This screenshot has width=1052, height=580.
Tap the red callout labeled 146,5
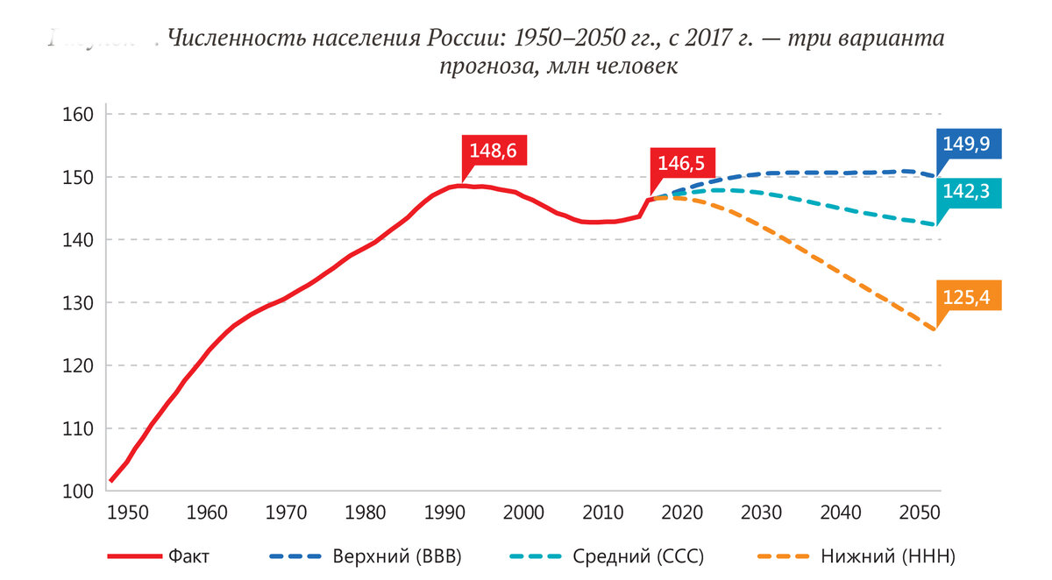pos(682,163)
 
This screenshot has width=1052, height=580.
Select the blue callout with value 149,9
pos(966,144)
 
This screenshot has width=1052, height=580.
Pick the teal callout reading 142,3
pos(966,193)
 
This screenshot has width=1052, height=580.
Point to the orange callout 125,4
pos(966,297)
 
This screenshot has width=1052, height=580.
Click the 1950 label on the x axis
pos(128,512)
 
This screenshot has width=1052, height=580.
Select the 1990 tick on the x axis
pos(444,512)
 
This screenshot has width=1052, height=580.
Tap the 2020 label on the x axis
pos(682,512)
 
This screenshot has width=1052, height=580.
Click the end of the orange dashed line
pos(935,329)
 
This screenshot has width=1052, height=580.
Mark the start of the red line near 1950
pos(111,480)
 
